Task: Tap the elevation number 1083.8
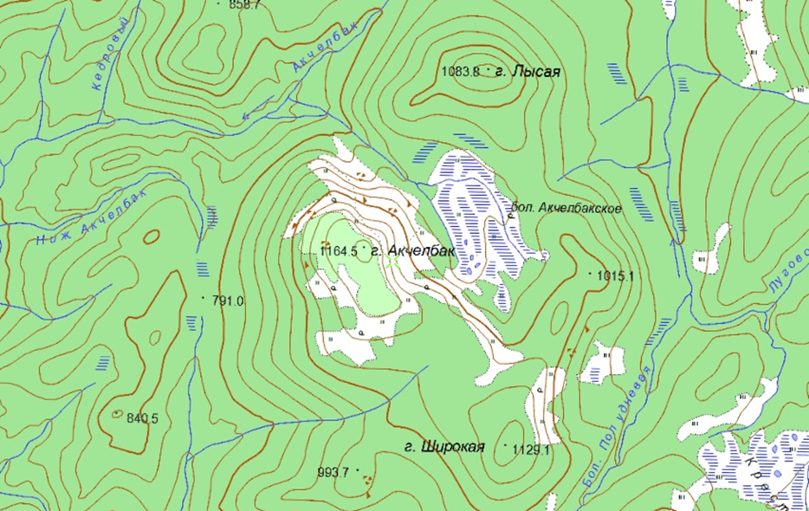(460, 73)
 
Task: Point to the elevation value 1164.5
(338, 251)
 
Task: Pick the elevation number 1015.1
(617, 276)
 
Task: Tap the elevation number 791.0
(228, 301)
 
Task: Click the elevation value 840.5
(142, 418)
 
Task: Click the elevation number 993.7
(333, 472)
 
